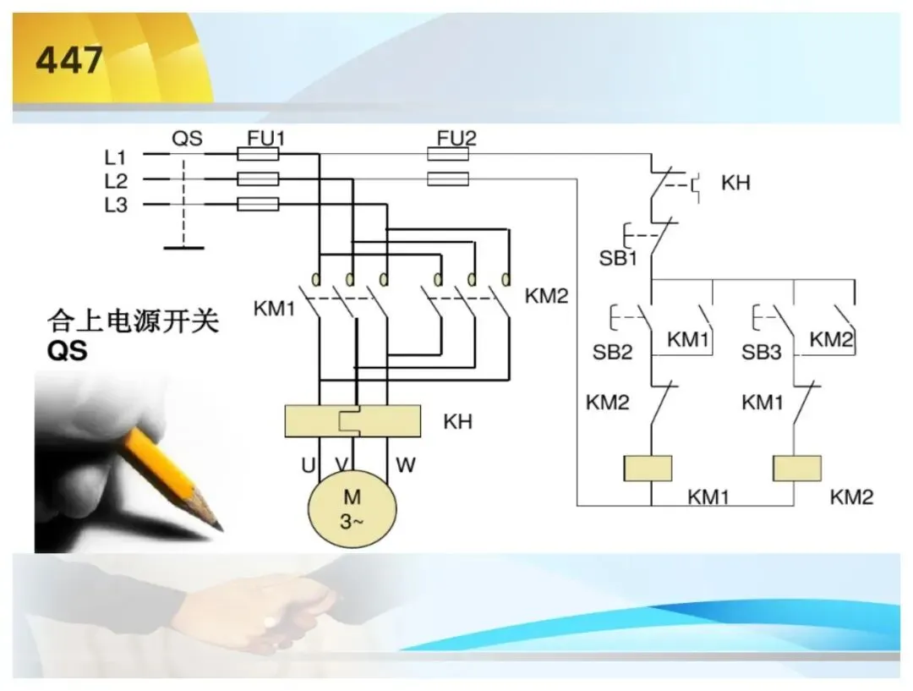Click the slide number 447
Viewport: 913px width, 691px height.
pos(69,60)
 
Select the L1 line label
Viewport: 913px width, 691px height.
pos(115,157)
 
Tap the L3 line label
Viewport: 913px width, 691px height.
pos(115,205)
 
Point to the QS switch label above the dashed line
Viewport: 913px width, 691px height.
pos(187,139)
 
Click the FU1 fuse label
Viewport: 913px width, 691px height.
pos(266,138)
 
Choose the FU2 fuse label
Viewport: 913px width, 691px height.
pos(456,138)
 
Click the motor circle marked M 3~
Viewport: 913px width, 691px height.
pos(353,508)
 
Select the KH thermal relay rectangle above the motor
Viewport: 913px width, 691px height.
pos(353,420)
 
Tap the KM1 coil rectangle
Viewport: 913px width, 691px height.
pos(648,469)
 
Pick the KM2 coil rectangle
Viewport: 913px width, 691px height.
pos(797,469)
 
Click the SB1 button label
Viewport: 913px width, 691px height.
pos(618,258)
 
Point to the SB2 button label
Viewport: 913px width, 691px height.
pos(613,352)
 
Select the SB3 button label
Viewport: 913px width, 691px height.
pos(761,352)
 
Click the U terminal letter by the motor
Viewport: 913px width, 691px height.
pos(308,465)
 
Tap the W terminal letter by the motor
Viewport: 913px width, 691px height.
pos(406,465)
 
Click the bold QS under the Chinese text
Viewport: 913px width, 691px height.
pos(68,351)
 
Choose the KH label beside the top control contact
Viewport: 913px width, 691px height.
pos(735,183)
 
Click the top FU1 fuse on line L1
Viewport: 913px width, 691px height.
pos(258,155)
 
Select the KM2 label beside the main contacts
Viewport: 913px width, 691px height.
pos(546,296)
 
